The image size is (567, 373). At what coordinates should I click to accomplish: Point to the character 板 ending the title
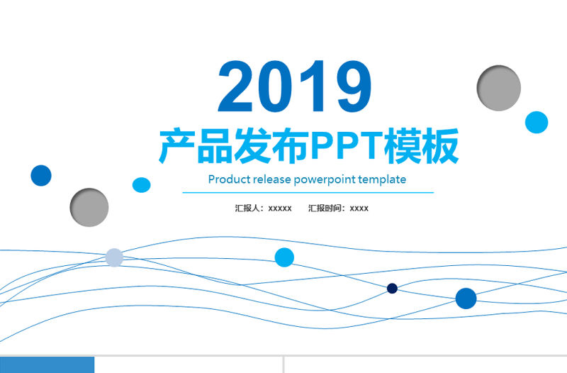coord(441,147)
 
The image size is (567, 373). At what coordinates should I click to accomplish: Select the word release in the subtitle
coord(272,179)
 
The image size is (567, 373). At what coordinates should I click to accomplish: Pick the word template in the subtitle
coord(383,179)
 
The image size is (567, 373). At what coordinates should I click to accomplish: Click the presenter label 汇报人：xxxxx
coord(263,208)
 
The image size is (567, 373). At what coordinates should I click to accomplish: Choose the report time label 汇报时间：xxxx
coord(338,208)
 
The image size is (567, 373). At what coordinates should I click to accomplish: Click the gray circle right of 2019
coord(499,88)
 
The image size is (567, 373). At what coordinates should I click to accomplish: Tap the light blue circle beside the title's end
coord(537,122)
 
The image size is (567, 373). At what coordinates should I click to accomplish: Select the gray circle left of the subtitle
coord(89,207)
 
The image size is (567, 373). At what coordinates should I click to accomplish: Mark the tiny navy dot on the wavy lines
coord(392,288)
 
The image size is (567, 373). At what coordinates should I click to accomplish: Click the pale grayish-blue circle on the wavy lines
coord(114,257)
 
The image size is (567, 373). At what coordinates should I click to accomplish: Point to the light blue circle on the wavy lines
coord(284,257)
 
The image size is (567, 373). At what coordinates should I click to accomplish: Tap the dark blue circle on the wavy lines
coord(466,299)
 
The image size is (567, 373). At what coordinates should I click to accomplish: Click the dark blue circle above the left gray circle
coord(41,175)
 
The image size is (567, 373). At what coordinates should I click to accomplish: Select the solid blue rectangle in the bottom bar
coord(47,364)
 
